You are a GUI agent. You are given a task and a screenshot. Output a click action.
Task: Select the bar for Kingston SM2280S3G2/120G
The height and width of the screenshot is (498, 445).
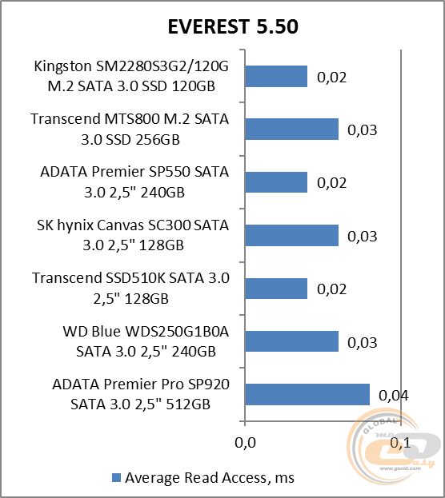click(x=276, y=76)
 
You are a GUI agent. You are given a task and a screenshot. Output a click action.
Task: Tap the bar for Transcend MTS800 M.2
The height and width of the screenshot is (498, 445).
click(x=291, y=129)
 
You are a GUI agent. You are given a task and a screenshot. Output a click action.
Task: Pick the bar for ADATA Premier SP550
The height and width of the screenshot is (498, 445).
click(x=276, y=182)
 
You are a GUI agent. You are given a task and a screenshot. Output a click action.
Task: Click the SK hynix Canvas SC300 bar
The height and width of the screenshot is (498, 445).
click(x=291, y=235)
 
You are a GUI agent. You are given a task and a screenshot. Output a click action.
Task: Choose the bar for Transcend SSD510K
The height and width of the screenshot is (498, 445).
click(x=276, y=288)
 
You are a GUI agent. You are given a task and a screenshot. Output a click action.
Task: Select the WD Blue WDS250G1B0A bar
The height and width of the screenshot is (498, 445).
click(x=291, y=341)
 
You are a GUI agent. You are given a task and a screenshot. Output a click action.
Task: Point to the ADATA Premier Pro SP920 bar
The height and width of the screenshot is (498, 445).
click(x=307, y=394)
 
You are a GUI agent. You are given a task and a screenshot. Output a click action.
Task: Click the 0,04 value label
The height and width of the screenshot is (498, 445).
click(x=392, y=394)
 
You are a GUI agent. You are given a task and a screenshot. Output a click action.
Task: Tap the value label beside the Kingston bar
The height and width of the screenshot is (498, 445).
click(x=331, y=77)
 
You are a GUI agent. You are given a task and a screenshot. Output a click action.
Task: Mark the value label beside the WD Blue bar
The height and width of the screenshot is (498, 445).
click(x=363, y=341)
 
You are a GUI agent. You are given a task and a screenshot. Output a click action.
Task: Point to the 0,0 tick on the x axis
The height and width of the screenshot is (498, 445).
click(x=245, y=441)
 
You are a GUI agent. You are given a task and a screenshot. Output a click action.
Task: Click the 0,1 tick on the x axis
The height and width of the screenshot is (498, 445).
click(x=399, y=441)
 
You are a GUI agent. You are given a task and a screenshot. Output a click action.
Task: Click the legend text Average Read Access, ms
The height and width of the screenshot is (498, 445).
click(x=210, y=477)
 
